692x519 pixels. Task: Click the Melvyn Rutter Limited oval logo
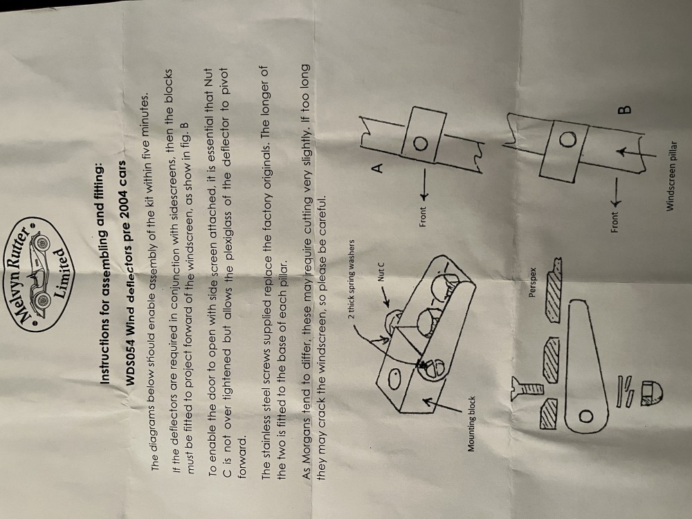(x=43, y=273)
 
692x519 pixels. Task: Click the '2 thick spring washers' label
(x=352, y=279)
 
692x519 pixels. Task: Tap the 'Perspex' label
(x=531, y=282)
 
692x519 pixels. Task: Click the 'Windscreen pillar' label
(x=672, y=176)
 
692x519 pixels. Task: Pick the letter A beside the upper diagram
(x=378, y=167)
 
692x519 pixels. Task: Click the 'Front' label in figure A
(x=423, y=217)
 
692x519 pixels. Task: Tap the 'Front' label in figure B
(x=614, y=222)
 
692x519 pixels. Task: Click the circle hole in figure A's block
(x=420, y=143)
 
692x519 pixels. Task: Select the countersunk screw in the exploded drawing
(x=526, y=388)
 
